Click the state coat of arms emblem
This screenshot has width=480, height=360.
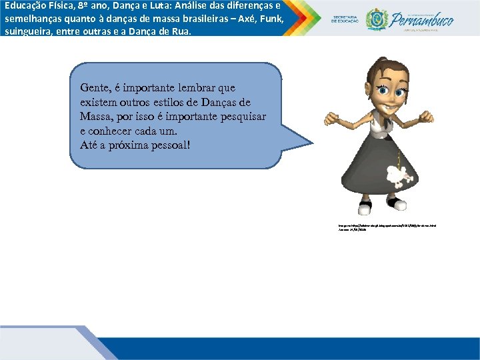click(377, 19)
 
